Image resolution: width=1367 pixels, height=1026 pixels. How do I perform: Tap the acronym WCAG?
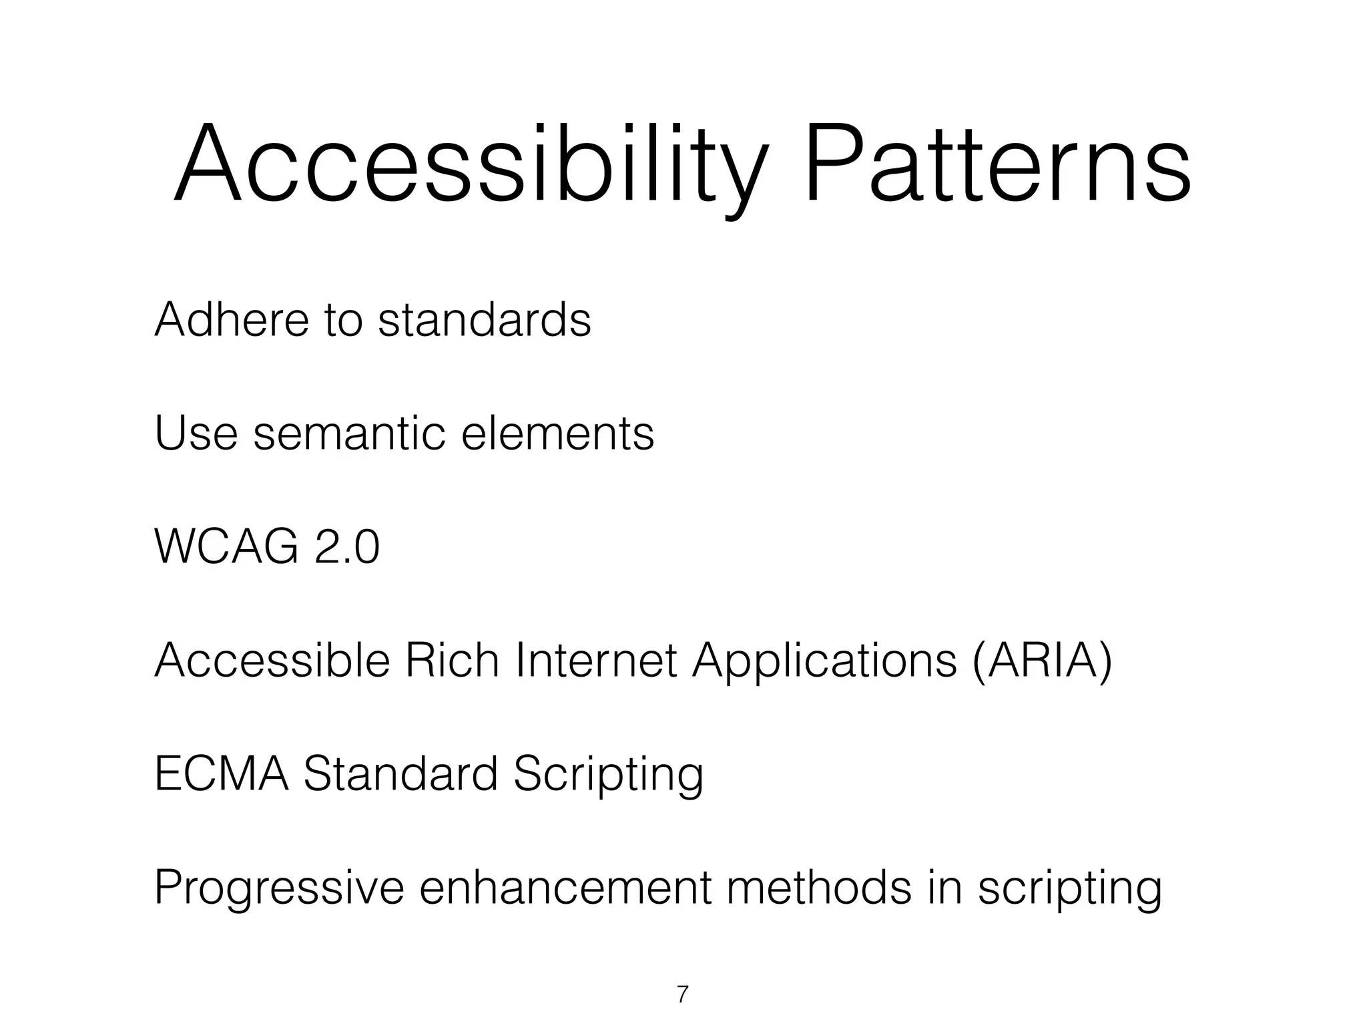pyautogui.click(x=226, y=546)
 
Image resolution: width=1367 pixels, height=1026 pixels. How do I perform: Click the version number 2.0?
pyautogui.click(x=346, y=546)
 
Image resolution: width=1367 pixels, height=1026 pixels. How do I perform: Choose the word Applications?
pyautogui.click(x=824, y=660)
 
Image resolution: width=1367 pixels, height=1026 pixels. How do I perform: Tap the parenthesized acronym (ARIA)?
pyautogui.click(x=1042, y=660)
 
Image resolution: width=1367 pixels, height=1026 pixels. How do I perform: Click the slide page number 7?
pyautogui.click(x=682, y=995)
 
